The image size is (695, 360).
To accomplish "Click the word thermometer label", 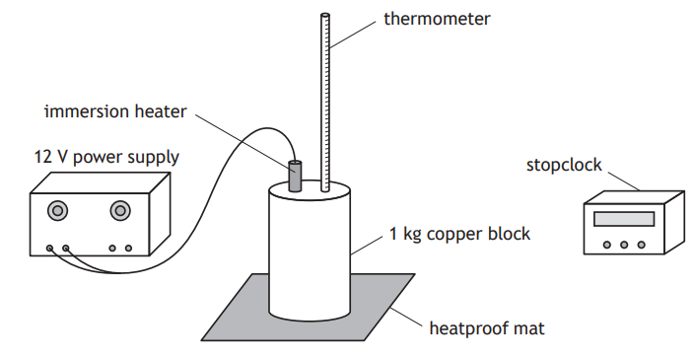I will pyautogui.click(x=437, y=19).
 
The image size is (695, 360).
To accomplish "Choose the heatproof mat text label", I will pyautogui.click(x=485, y=327).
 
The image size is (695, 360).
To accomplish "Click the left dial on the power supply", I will pyautogui.click(x=57, y=210).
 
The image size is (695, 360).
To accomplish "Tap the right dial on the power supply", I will pyautogui.click(x=121, y=210).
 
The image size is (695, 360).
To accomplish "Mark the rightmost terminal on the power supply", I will pyautogui.click(x=128, y=249).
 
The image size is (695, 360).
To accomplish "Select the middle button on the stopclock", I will pyautogui.click(x=625, y=244).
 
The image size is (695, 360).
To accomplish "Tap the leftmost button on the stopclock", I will pyautogui.click(x=608, y=244).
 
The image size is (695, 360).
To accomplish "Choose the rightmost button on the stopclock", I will pyautogui.click(x=642, y=244).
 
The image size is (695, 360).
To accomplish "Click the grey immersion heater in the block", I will pyautogui.click(x=294, y=175).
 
